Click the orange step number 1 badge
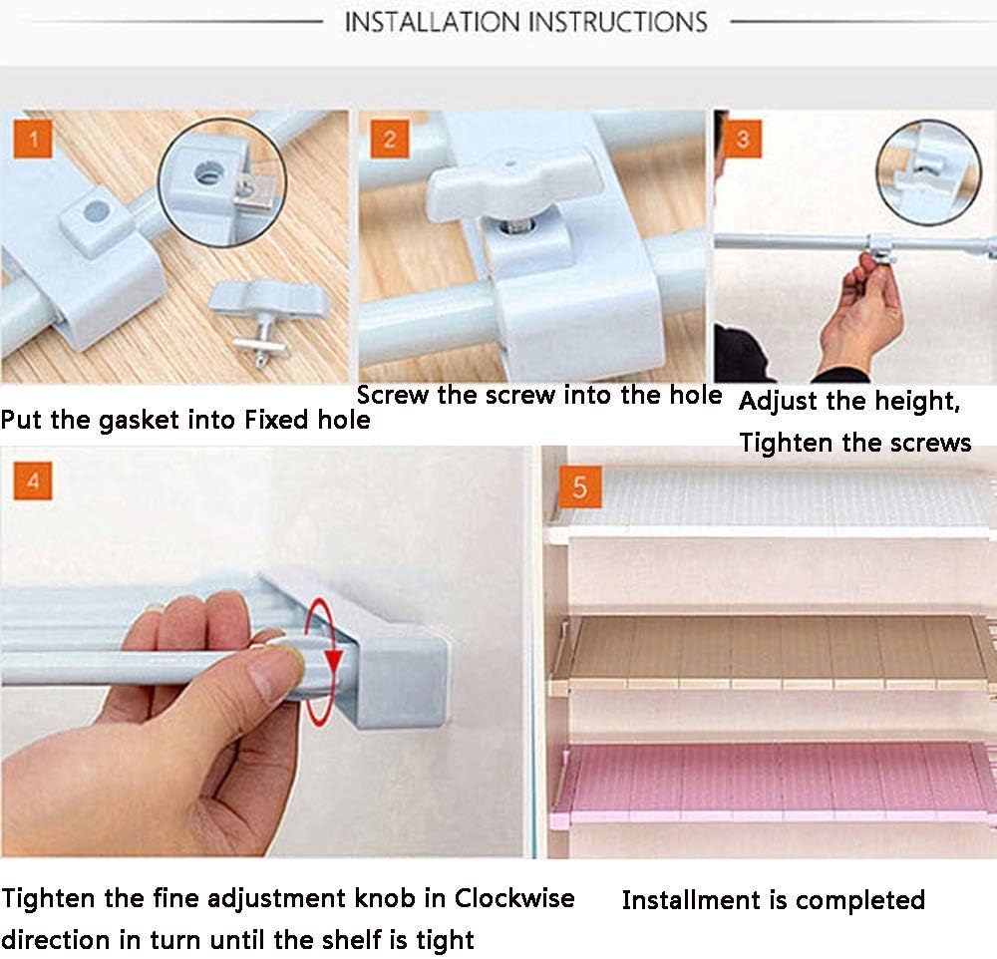[33, 140]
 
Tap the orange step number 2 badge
[390, 140]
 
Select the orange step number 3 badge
[742, 140]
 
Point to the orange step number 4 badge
[33, 480]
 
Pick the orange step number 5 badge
[580, 487]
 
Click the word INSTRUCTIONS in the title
[618, 22]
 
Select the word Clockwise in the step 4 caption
[514, 898]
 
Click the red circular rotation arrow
[321, 661]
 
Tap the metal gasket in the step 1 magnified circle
[254, 191]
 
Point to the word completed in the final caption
[859, 900]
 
